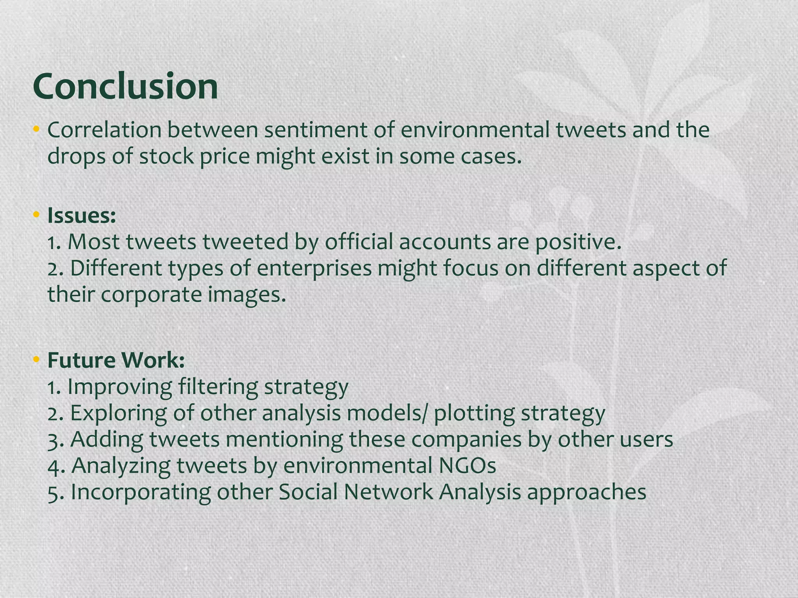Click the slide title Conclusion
click(125, 86)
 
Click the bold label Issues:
click(82, 216)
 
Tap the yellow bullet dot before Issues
click(37, 214)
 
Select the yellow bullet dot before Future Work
click(37, 359)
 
